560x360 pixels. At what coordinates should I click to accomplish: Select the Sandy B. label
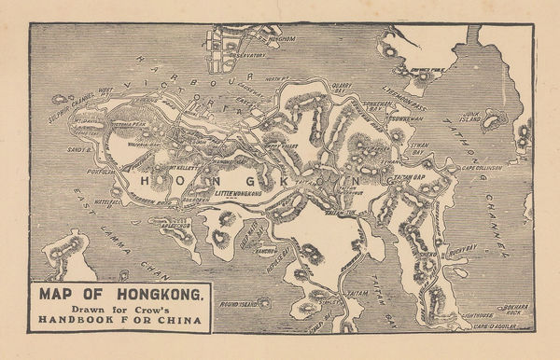pos(77,149)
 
